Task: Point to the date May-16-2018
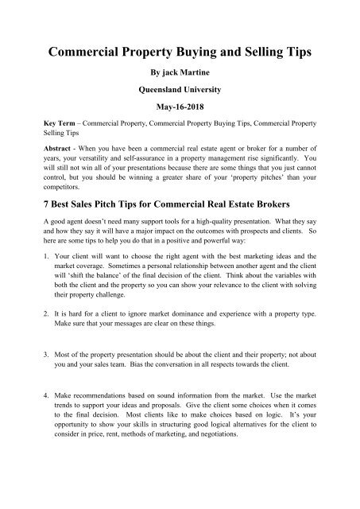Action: [180, 124]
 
